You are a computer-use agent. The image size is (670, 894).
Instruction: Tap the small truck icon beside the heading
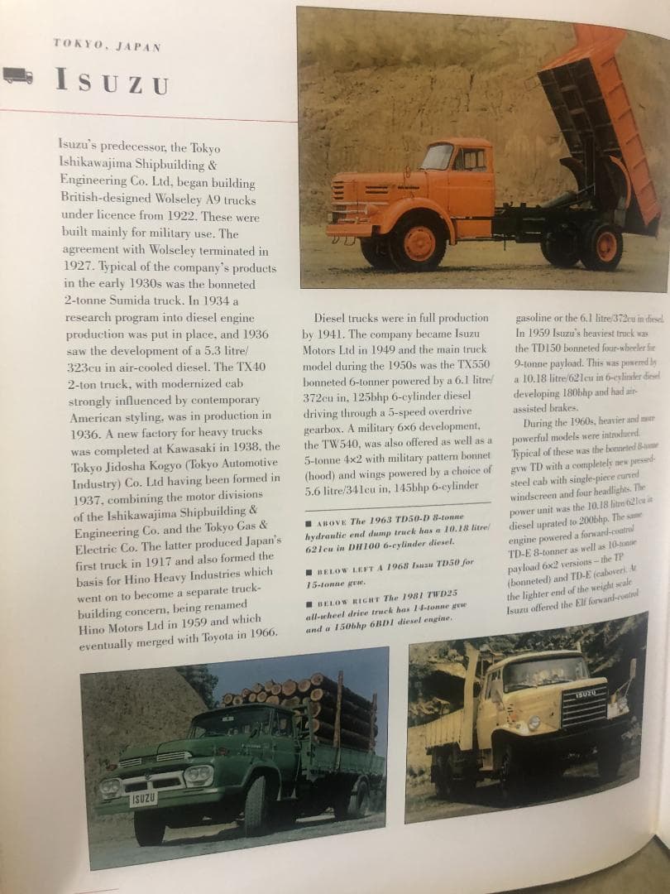coord(18,77)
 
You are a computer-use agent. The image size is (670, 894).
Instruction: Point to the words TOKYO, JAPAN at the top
coord(108,45)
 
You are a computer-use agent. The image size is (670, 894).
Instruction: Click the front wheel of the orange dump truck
coord(419,243)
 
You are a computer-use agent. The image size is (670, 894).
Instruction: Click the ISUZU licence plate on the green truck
coord(144,798)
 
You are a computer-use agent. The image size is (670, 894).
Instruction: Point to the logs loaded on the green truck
coord(302,704)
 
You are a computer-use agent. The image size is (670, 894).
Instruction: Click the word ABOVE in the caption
coord(331,521)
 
